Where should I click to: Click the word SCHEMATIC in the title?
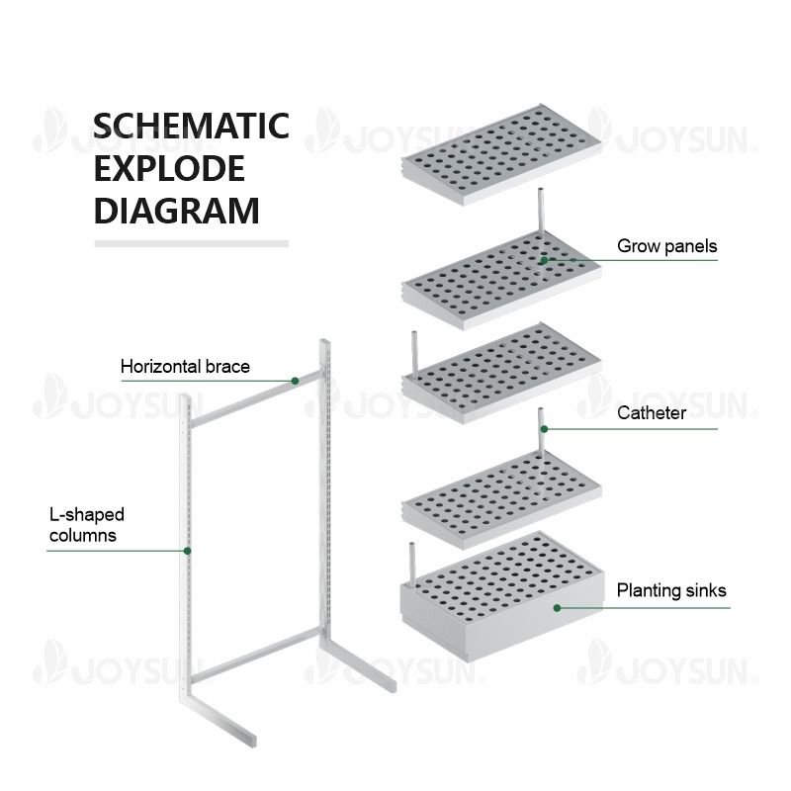pos(191,127)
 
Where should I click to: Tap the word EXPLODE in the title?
pos(169,169)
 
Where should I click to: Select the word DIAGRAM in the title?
pos(177,211)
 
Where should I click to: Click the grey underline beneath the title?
pos(191,242)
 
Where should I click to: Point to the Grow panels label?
pos(666,245)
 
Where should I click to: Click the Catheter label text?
pos(651,412)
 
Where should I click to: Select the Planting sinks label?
pos(671,590)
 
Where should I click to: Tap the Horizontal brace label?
pos(185,367)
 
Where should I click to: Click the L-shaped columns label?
pos(86,525)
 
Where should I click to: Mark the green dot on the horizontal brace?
pos(295,381)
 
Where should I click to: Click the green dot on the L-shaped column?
pos(186,550)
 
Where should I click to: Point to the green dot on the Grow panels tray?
pos(543,260)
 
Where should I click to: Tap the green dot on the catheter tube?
pos(541,429)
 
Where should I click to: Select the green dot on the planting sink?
pos(557,607)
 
